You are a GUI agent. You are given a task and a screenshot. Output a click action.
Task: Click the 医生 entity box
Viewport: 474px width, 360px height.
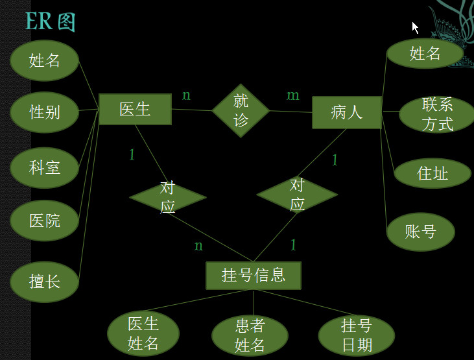pos(135,109)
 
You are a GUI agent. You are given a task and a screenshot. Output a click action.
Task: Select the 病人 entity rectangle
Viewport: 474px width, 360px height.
pos(346,112)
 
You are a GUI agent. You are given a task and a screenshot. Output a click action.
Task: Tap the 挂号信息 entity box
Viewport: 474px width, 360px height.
pos(254,275)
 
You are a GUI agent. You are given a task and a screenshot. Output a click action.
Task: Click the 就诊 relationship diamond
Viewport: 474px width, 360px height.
pos(241,110)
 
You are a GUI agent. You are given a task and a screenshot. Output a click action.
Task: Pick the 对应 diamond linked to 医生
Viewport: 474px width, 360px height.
pos(167,197)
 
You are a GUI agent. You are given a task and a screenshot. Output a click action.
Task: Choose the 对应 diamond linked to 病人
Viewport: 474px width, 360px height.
pos(297,195)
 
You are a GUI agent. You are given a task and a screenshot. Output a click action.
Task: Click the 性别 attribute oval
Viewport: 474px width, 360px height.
pos(44,112)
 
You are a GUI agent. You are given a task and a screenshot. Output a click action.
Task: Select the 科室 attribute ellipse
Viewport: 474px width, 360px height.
pos(44,167)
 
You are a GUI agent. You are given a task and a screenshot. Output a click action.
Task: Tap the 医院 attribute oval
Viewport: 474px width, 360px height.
pos(44,221)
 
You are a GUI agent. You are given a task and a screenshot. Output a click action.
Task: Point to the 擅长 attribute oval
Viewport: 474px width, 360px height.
pos(44,282)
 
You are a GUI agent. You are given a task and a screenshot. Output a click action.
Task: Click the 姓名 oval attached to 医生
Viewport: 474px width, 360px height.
pos(44,60)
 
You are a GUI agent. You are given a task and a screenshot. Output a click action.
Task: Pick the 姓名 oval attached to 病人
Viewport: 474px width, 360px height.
pos(425,54)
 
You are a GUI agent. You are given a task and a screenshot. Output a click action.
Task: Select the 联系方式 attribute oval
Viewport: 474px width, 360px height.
pos(436,114)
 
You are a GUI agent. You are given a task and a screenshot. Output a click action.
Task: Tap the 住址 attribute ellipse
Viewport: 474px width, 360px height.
pos(432,173)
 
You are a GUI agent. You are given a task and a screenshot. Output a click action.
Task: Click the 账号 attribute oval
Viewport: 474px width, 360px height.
pos(420,232)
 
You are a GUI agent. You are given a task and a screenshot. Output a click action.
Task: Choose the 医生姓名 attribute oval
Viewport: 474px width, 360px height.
pos(143,333)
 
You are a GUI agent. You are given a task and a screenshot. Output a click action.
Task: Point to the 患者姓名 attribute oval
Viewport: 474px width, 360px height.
pos(250,335)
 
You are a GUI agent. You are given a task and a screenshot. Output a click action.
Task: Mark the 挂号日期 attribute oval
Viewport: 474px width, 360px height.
pos(356,335)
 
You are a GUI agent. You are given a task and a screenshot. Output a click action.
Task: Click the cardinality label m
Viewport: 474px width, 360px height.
pos(293,96)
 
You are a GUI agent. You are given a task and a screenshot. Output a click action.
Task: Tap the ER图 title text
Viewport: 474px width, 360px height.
pos(50,21)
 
